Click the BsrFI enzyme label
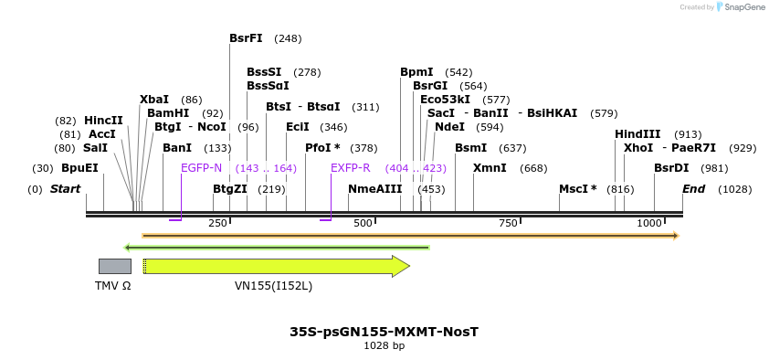click(x=246, y=38)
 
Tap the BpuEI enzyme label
click(x=79, y=168)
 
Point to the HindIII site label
click(x=637, y=134)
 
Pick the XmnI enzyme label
click(x=490, y=168)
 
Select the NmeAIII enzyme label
click(x=374, y=189)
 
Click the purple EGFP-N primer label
click(x=201, y=168)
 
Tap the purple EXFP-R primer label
click(x=351, y=168)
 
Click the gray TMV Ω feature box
click(x=114, y=266)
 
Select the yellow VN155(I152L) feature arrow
click(x=274, y=266)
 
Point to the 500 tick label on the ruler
click(x=363, y=223)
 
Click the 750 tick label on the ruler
click(x=508, y=223)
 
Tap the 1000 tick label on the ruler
click(x=650, y=223)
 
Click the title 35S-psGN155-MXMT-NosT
click(x=384, y=331)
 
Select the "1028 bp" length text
click(x=384, y=345)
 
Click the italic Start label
click(x=65, y=189)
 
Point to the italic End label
click(x=694, y=189)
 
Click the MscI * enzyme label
click(x=577, y=189)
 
